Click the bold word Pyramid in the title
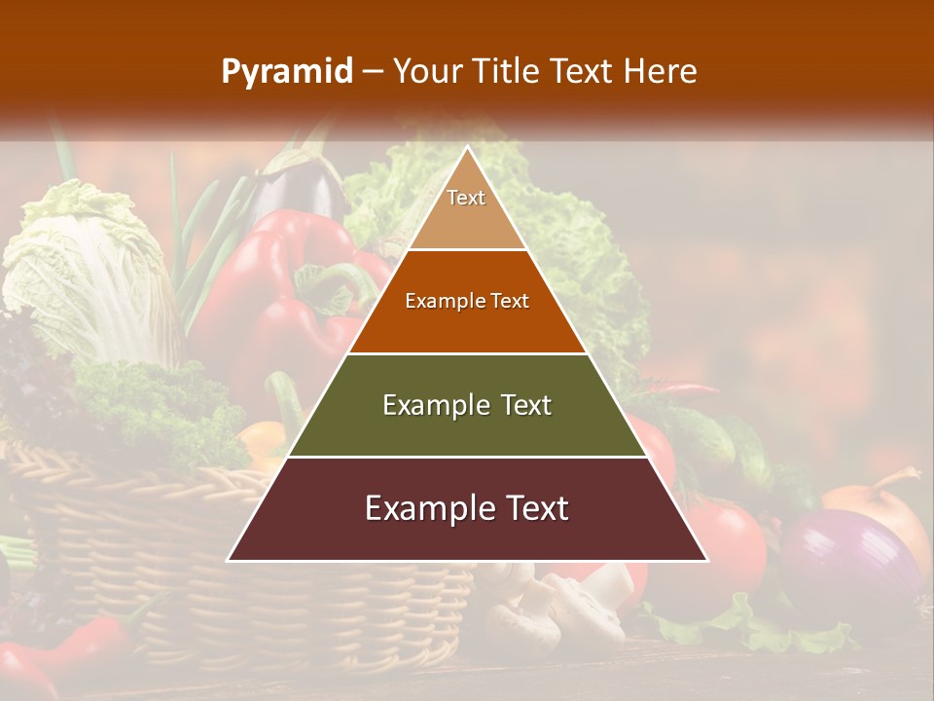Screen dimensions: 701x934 pyautogui.click(x=287, y=72)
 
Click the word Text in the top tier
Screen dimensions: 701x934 pyautogui.click(x=466, y=198)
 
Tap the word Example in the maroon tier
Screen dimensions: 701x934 pyautogui.click(x=420, y=508)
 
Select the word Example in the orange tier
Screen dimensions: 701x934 pyautogui.click(x=436, y=301)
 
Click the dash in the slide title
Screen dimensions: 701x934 pyautogui.click(x=373, y=72)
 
